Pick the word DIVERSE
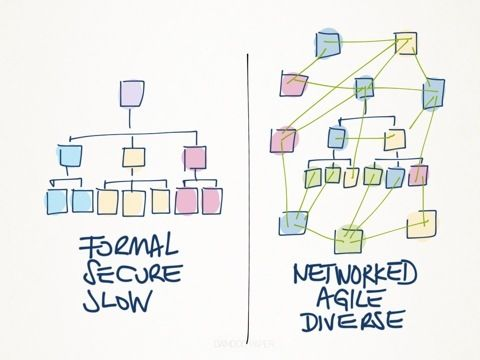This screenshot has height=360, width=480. point(351,321)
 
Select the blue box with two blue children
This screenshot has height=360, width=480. point(69,155)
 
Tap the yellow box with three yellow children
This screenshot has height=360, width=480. point(134,156)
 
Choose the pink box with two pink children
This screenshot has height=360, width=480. point(195,156)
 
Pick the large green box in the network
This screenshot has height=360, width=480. point(351,237)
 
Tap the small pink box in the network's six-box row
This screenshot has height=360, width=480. point(418,176)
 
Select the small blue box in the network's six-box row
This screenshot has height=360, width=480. point(396,177)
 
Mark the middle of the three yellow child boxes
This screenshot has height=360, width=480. point(133,201)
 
